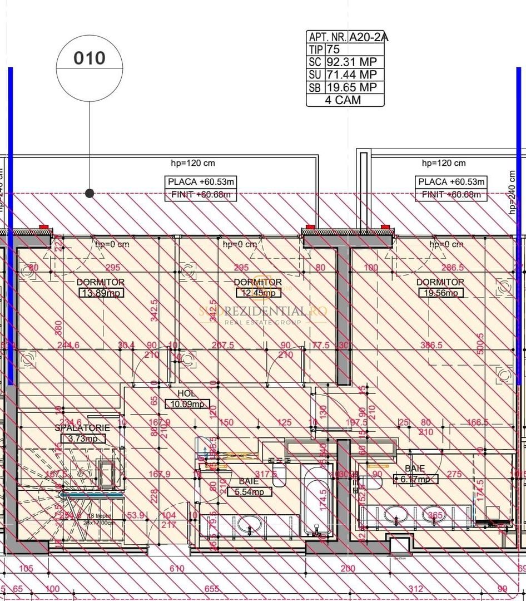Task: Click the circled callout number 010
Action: [90, 58]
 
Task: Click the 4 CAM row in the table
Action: [345, 100]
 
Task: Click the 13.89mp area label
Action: [101, 293]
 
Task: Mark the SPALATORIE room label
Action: [82, 428]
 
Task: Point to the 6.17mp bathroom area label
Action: [415, 479]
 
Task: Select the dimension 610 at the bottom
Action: [176, 568]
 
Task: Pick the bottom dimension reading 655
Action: [211, 589]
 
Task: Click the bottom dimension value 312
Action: [415, 589]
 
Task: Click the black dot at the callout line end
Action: [90, 193]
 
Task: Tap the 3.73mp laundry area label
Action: [82, 439]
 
